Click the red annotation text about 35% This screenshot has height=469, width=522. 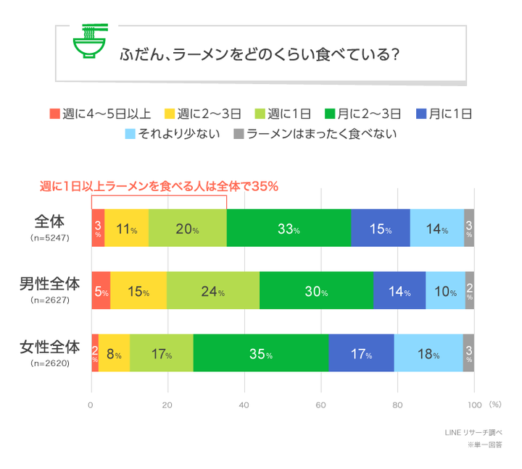159,187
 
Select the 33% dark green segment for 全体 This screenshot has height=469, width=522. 289,228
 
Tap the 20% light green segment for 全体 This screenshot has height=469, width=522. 187,228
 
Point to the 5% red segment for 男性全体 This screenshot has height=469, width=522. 101,291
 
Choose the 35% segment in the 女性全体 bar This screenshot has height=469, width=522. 260,353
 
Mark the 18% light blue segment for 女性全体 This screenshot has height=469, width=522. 428,353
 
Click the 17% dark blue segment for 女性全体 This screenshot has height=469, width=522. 361,353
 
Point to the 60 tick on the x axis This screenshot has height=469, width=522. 321,405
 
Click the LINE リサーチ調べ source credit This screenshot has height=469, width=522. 473,433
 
